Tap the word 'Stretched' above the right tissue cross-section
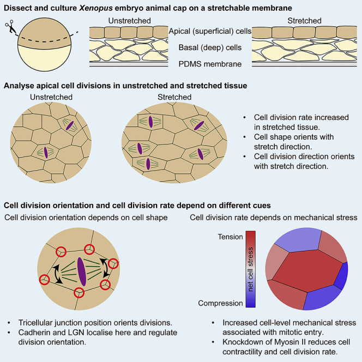304,21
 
